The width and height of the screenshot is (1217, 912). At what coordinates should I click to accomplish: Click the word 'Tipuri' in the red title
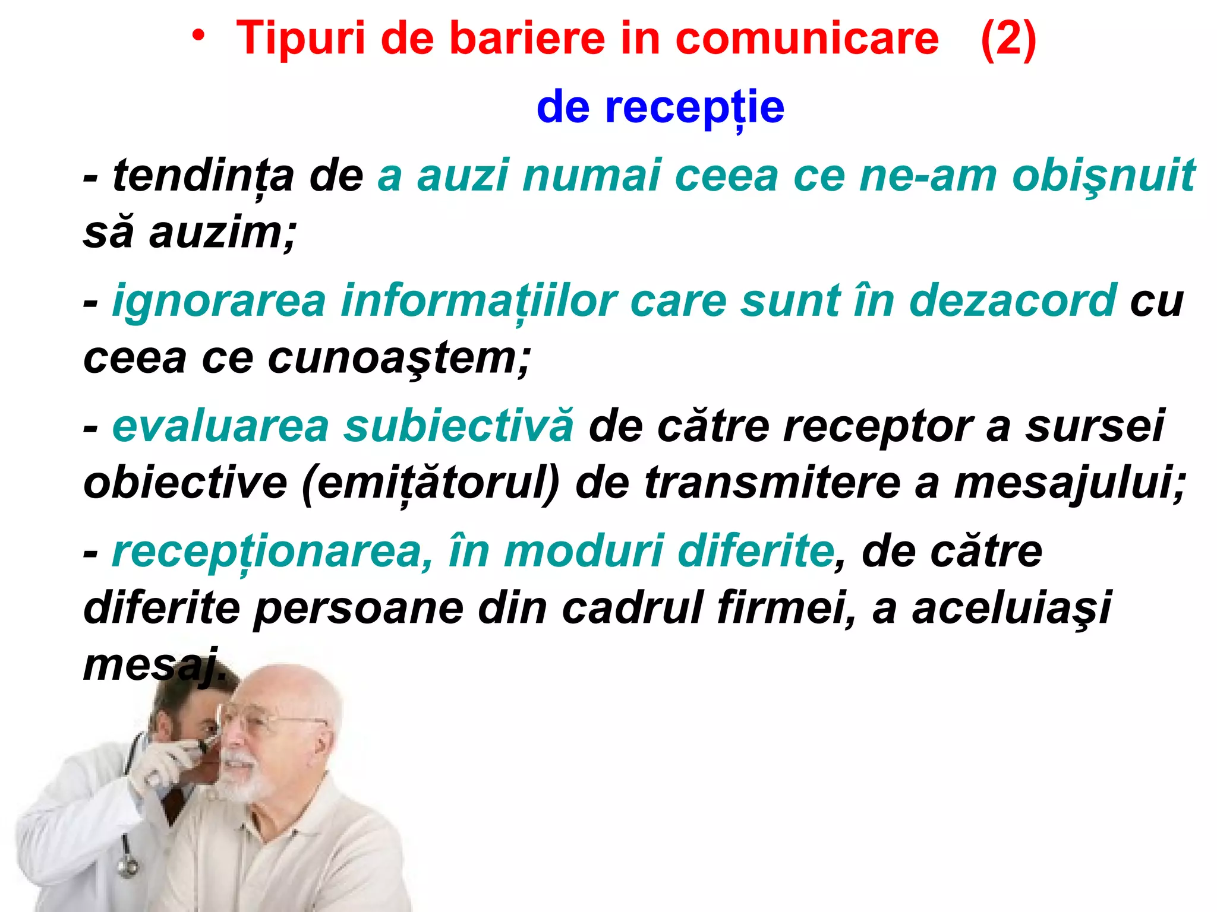click(300, 39)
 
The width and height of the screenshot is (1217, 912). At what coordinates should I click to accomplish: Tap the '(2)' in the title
click(1008, 39)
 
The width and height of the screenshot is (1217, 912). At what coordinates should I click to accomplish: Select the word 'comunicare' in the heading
click(807, 39)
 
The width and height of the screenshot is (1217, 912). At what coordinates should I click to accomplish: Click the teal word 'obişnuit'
click(1104, 176)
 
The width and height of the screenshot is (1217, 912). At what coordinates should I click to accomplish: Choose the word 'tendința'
click(203, 176)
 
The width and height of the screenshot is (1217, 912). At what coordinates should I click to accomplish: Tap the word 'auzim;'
click(222, 233)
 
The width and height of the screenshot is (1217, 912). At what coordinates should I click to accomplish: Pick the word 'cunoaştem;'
click(399, 358)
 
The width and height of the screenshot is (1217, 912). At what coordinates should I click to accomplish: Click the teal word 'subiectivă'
click(459, 426)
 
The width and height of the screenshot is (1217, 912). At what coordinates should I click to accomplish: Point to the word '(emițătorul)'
click(431, 483)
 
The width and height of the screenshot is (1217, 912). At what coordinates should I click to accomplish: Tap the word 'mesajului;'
click(1070, 483)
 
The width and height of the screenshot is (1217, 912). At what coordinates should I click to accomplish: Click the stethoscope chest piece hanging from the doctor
click(127, 867)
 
